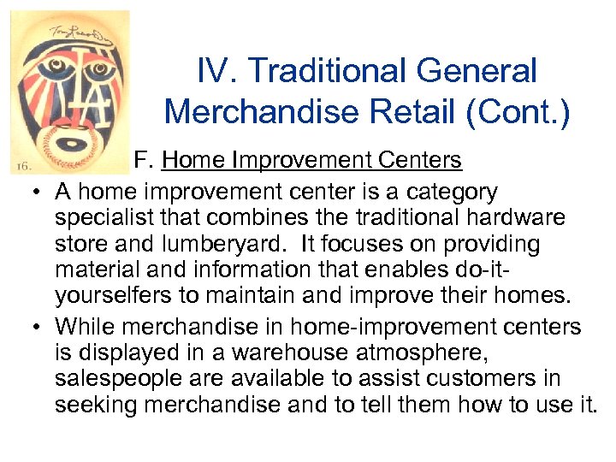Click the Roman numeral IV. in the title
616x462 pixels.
[214, 72]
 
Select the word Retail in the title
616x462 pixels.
[397, 111]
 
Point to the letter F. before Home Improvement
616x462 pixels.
[146, 160]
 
